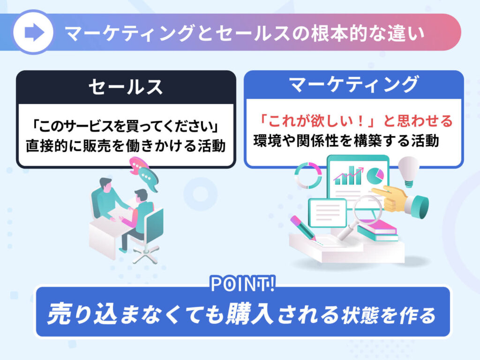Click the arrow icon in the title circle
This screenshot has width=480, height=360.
pos(34,32)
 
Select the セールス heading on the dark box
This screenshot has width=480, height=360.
pos(126,87)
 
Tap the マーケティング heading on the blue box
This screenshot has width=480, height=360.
pos(354,84)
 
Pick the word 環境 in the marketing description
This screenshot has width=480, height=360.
pos(267,141)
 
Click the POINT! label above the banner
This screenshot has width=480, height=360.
pos(242,284)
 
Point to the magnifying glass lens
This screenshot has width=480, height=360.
pos(367,210)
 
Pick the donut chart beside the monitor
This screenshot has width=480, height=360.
pos(308,175)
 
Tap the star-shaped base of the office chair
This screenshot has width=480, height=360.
pos(146,254)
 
